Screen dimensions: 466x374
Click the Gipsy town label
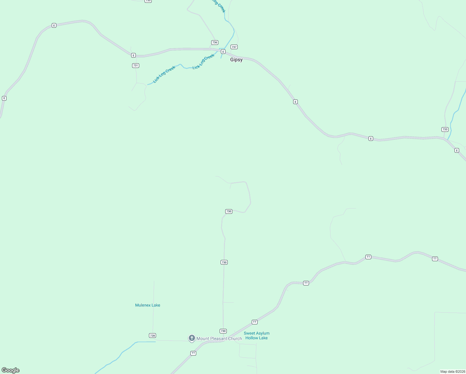coord(236,60)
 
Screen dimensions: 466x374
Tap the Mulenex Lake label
coord(148,305)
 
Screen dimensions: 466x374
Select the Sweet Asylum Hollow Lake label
coord(256,336)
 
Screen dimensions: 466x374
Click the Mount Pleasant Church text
coord(219,338)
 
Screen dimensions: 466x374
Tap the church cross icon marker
coord(192,338)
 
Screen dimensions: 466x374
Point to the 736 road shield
coord(214,42)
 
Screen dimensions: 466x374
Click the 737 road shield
coord(234,47)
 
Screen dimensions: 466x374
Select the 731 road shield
coord(136,65)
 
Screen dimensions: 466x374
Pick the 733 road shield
coord(445,129)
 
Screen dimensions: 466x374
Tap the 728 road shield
coord(152,336)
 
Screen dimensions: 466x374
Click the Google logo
coord(11,370)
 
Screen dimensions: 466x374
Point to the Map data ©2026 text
coord(453,372)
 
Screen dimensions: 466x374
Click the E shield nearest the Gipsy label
coord(223,52)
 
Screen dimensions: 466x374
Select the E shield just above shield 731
coord(133,55)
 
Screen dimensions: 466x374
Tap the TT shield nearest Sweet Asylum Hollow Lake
coord(254,322)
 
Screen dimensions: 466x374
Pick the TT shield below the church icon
coord(193,353)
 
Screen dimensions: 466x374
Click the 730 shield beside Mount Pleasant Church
coord(223,331)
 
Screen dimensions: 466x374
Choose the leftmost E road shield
coord(4,98)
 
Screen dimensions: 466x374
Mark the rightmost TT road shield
coord(435,259)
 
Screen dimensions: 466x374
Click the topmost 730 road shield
coord(229,211)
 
